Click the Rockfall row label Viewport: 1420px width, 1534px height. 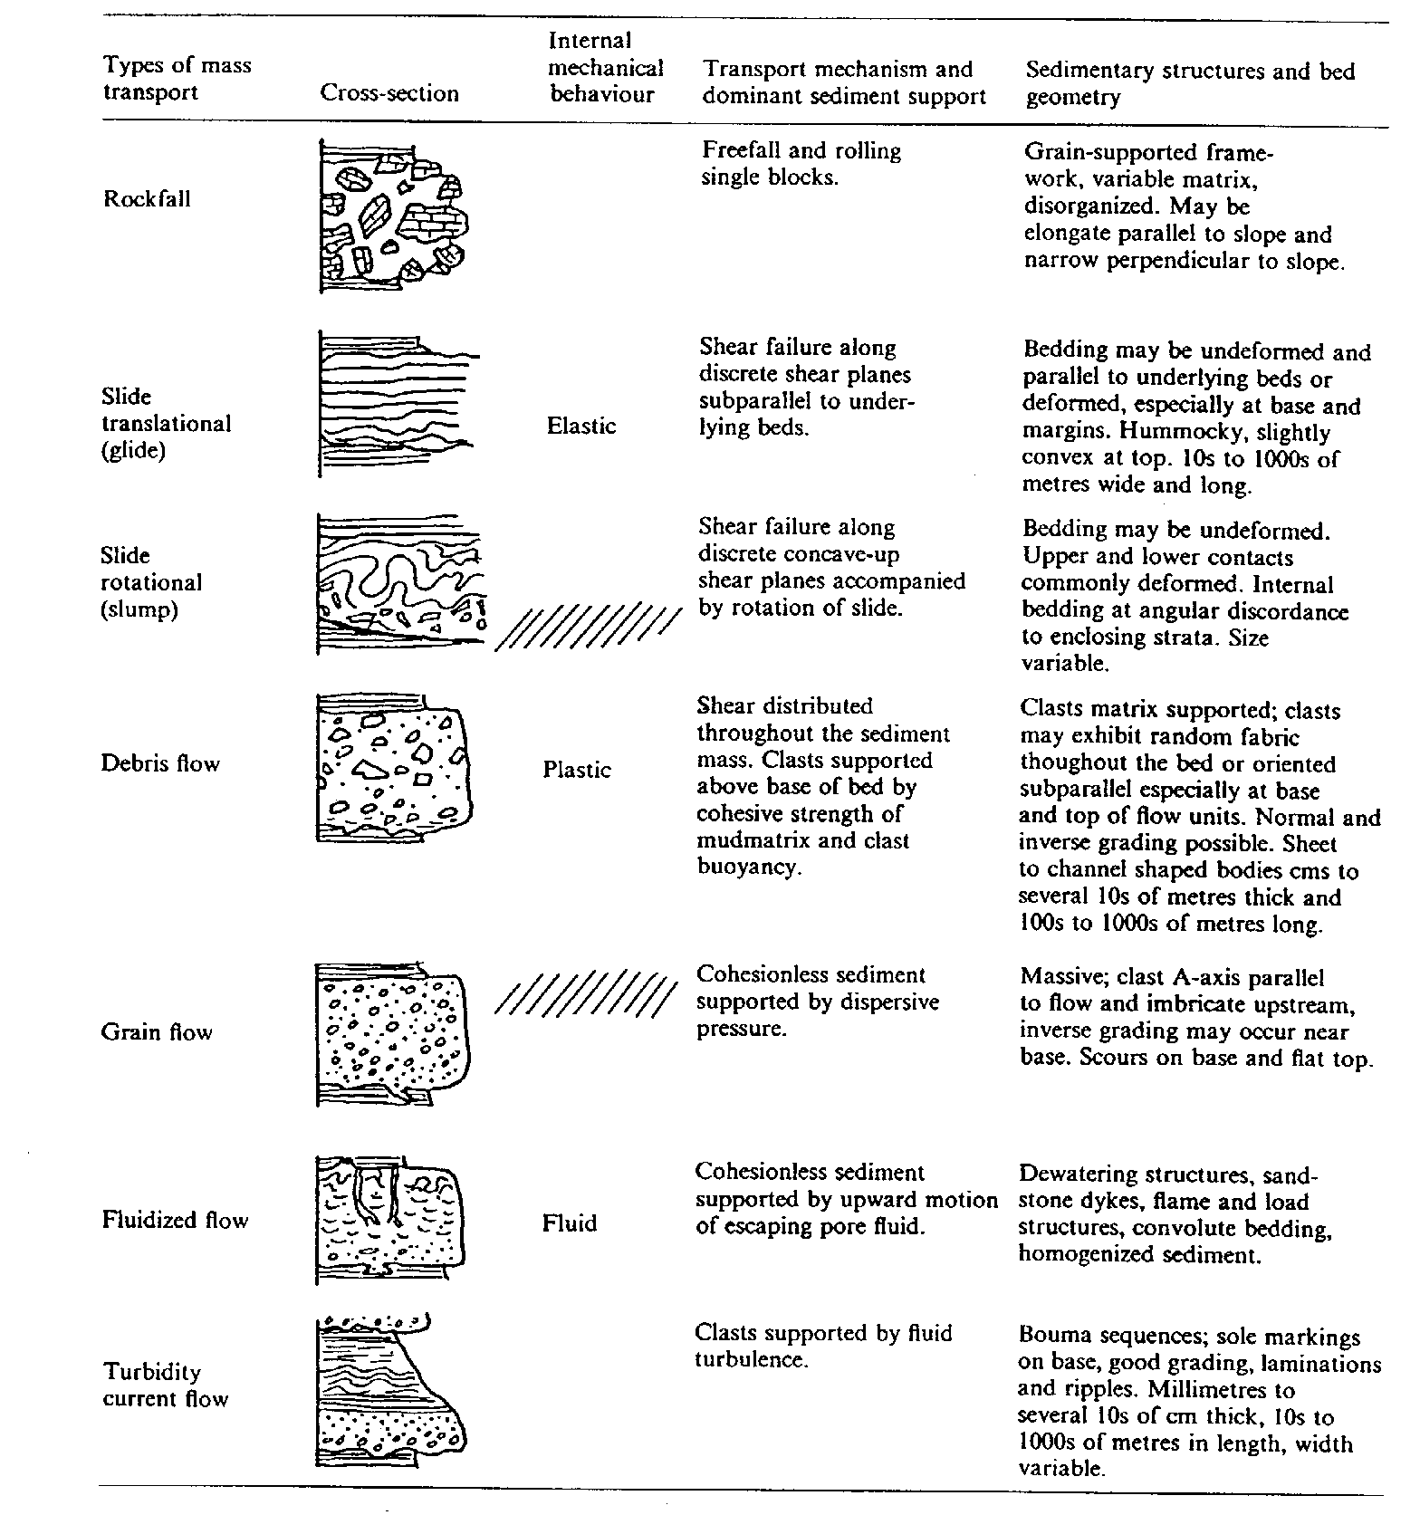click(x=147, y=198)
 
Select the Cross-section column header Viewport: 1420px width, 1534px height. click(x=389, y=93)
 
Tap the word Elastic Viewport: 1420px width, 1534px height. click(x=581, y=426)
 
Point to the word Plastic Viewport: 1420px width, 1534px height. click(x=577, y=770)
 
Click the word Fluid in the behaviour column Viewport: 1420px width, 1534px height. click(x=570, y=1223)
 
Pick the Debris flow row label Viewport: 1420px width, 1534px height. click(x=160, y=763)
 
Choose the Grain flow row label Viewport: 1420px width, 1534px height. click(x=157, y=1032)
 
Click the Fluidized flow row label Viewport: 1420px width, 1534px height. click(x=175, y=1220)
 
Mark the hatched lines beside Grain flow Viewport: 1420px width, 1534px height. click(x=587, y=992)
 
